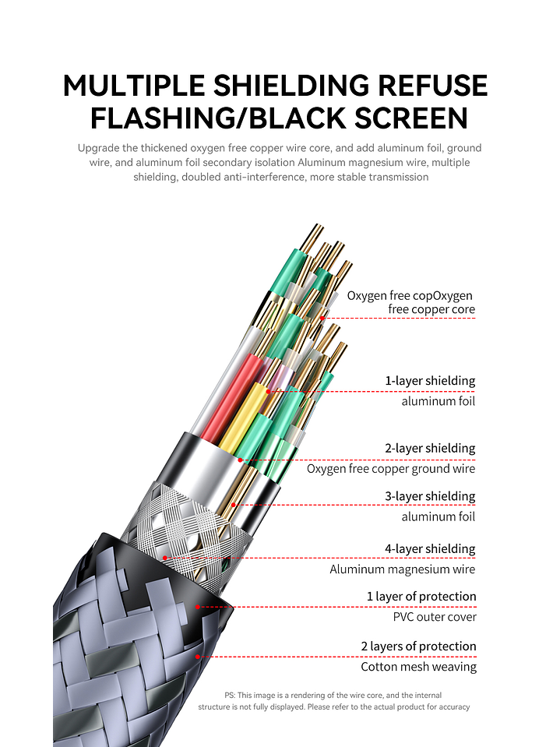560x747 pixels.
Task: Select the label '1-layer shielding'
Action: point(429,381)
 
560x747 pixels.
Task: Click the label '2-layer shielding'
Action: point(429,449)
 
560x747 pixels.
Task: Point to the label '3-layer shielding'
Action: point(429,496)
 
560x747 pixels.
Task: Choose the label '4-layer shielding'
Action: point(429,549)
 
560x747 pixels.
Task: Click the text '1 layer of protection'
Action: point(421,597)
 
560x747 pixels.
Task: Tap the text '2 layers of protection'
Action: point(418,647)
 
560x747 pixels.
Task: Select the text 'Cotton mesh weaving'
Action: point(418,667)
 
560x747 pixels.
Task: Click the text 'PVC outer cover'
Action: point(434,617)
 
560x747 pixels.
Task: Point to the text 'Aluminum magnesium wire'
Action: point(402,569)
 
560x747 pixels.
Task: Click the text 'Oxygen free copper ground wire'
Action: point(390,469)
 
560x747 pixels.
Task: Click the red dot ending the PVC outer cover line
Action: point(198,606)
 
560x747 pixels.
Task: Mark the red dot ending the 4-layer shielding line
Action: point(165,558)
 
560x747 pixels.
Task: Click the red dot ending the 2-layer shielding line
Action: point(241,460)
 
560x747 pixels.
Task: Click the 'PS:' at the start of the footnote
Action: point(230,695)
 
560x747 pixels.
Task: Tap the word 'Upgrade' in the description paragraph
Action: point(98,148)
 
